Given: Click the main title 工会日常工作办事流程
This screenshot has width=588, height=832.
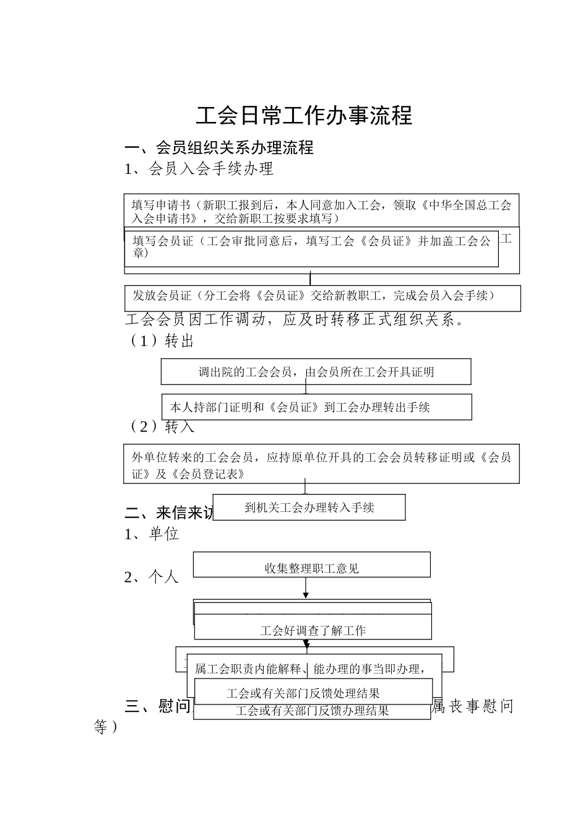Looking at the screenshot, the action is [304, 116].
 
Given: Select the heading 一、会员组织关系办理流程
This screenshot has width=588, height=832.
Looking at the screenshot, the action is [219, 147].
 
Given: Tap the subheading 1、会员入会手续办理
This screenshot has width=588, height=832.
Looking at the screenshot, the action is [199, 168].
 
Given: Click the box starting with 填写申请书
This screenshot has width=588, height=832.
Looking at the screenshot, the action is [321, 211].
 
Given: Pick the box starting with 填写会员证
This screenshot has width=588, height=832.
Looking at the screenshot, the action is [311, 247].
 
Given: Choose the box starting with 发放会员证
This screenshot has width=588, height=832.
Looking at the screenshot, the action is [322, 297].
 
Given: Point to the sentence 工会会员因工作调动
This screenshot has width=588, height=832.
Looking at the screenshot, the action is [294, 320].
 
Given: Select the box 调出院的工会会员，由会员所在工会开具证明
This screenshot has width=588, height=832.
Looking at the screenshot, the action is [316, 372].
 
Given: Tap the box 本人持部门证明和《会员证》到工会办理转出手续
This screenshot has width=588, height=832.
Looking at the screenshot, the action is [316, 407].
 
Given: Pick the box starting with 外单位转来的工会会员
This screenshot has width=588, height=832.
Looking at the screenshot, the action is [321, 465].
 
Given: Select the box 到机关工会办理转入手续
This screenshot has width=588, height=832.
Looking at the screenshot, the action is [309, 508].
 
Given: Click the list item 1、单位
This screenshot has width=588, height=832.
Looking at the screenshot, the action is [152, 534].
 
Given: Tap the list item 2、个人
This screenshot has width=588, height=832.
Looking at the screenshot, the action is [152, 577].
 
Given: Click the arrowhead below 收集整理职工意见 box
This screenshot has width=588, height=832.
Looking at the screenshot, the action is [306, 596].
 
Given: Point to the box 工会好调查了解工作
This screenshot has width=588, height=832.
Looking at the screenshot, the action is [313, 630].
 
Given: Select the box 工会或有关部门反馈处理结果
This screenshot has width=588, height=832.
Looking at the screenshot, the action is [313, 693].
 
